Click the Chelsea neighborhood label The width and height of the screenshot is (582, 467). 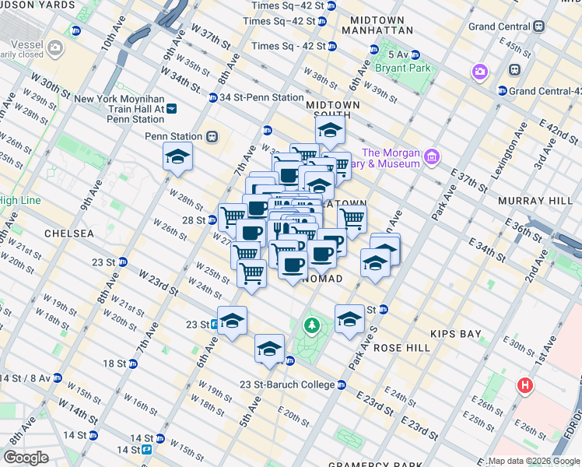[69, 233]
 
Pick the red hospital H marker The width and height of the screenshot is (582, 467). [527, 385]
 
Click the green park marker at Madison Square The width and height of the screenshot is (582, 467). [312, 325]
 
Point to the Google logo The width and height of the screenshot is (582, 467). [26, 458]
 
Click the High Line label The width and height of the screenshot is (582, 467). [19, 201]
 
